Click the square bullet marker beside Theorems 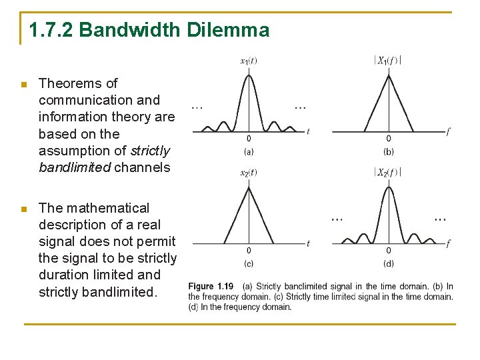[x=23, y=85]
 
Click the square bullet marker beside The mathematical [x=23, y=209]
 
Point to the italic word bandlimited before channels [x=75, y=167]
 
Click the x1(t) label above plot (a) [x=249, y=61]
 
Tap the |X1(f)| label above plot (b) [x=387, y=60]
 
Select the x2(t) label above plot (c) [x=249, y=173]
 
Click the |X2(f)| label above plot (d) [x=387, y=173]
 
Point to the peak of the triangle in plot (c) [x=249, y=187]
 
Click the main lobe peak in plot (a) [x=249, y=75]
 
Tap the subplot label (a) [x=249, y=152]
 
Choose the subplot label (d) [x=388, y=263]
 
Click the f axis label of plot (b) [x=448, y=132]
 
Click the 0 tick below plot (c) [x=249, y=251]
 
